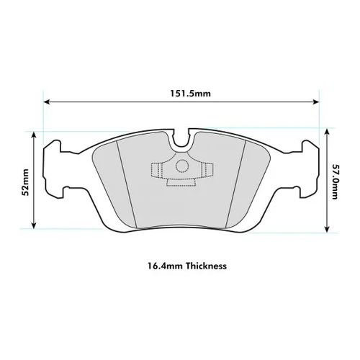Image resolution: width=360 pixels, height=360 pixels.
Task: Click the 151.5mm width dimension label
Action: click(191, 94)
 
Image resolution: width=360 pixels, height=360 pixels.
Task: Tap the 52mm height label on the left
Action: click(25, 182)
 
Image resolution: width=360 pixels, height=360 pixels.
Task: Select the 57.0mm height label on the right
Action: click(335, 181)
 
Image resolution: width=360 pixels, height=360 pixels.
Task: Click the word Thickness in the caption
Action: click(206, 266)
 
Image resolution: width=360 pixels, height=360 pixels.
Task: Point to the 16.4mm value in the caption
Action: click(166, 266)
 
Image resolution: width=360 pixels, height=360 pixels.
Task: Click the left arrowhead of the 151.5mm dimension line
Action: click(47, 102)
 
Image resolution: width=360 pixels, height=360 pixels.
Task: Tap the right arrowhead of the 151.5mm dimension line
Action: click(316, 102)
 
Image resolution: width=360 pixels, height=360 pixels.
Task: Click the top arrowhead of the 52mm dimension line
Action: click(34, 135)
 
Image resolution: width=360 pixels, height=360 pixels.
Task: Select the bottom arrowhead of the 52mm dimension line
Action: click(34, 225)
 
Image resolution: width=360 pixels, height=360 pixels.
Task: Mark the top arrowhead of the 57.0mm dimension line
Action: click(327, 131)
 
